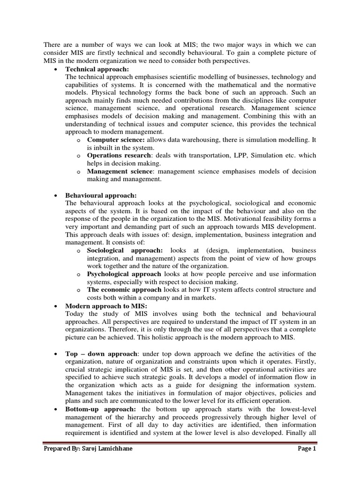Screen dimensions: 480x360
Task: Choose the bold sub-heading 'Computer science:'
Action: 116,140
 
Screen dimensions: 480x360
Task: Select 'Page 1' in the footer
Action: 307,462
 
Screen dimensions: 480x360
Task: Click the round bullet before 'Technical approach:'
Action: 56,69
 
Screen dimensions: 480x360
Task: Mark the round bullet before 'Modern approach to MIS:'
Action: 56,306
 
